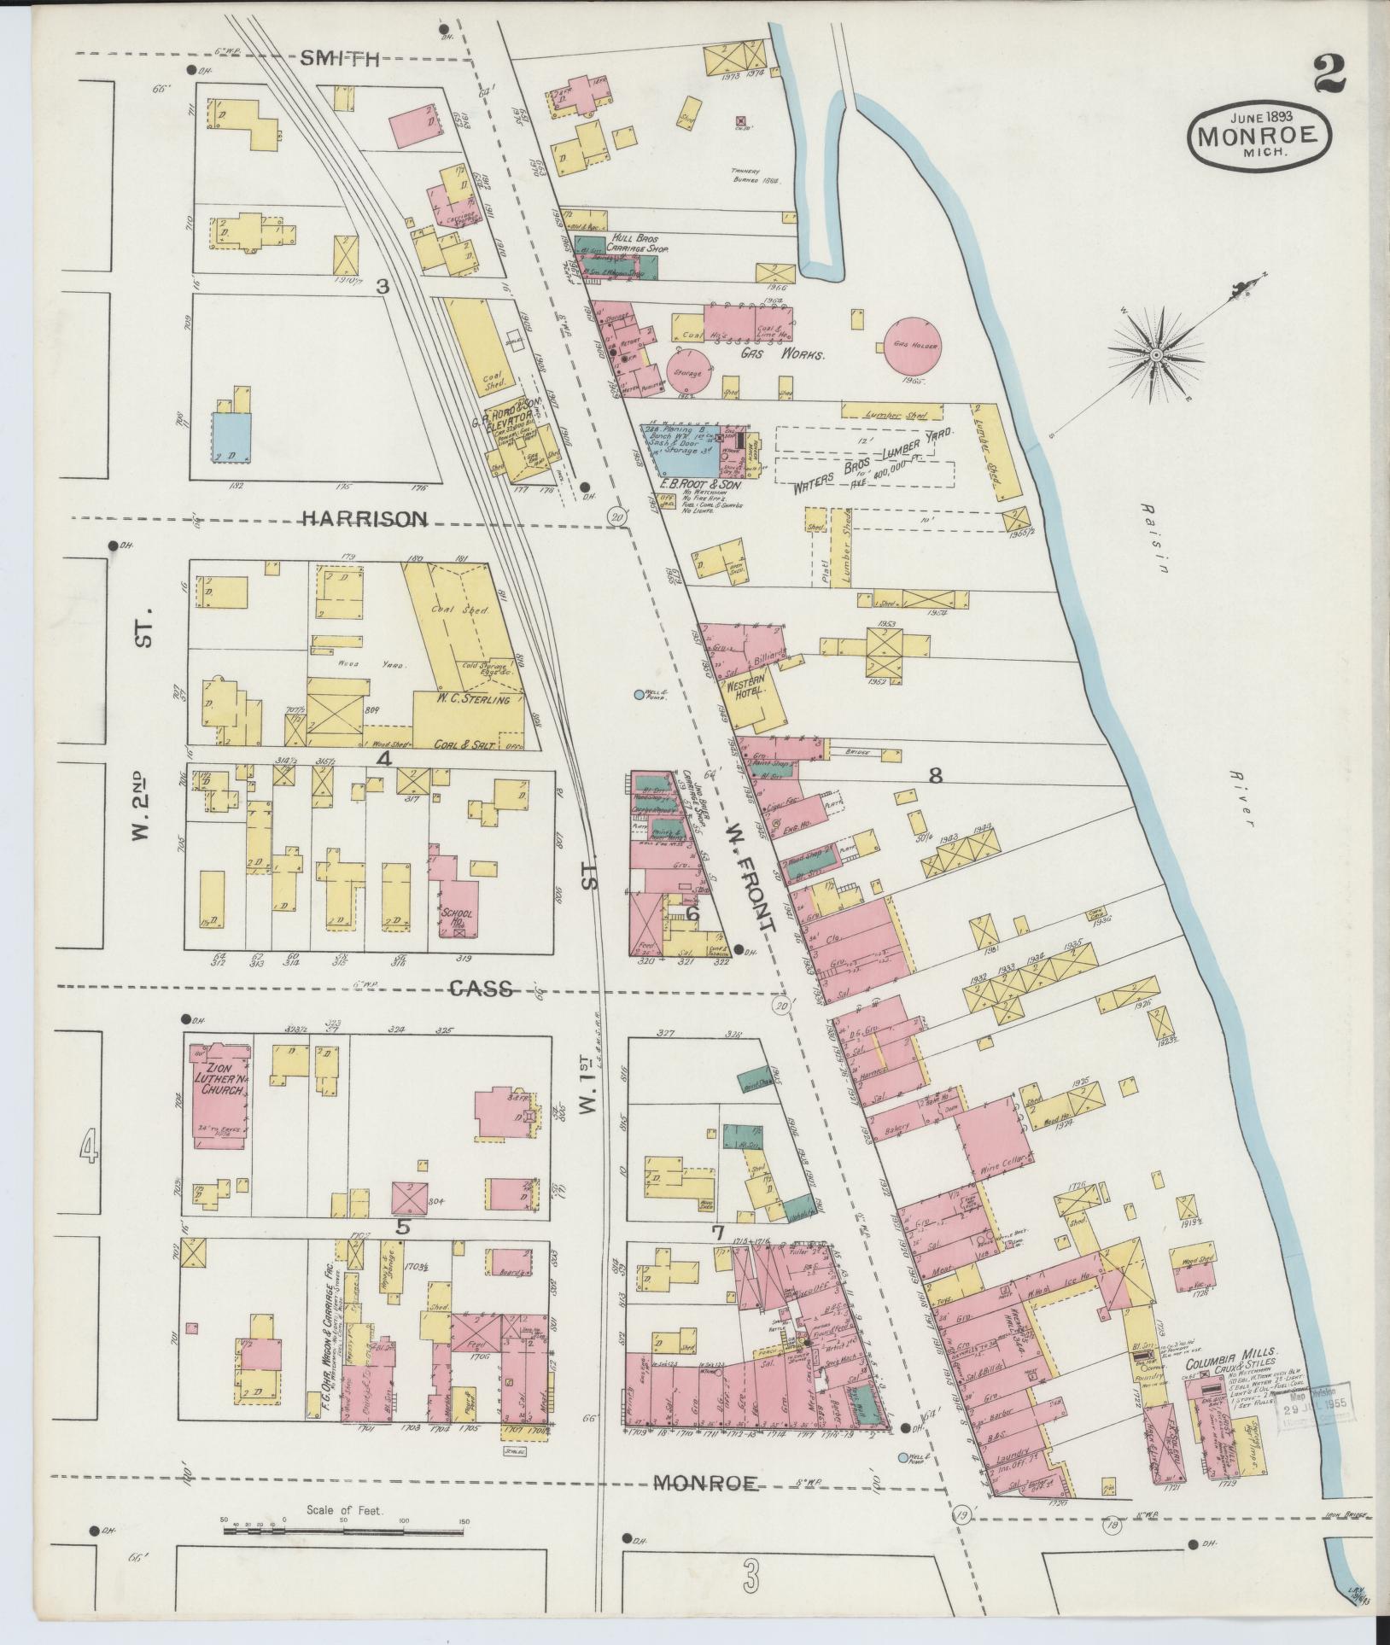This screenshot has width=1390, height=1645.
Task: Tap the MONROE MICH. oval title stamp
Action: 1259,135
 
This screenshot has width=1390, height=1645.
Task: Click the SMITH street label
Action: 340,58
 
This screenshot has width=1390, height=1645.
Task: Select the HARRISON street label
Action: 365,518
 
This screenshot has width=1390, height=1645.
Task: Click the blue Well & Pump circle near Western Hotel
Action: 639,695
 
